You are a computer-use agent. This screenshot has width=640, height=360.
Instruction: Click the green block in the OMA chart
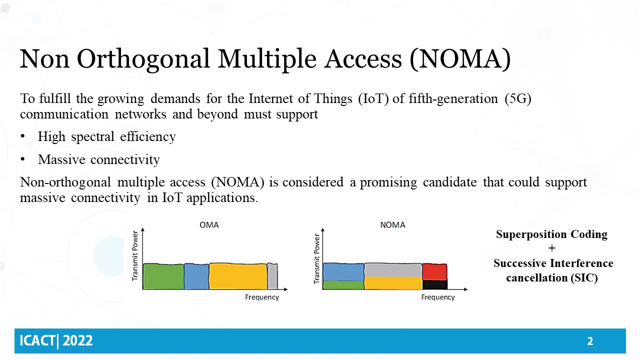coord(163,276)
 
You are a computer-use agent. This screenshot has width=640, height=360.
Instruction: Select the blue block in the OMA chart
coord(196,276)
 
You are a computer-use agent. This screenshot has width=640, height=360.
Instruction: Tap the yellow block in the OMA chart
coord(238,276)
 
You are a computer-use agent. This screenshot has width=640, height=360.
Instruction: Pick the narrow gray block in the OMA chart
coord(272,276)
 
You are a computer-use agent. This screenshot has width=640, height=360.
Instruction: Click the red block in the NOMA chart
coord(434,271)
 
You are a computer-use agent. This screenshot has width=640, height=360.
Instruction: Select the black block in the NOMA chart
coord(434,284)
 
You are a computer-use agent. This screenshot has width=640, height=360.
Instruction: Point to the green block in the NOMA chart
coord(343,285)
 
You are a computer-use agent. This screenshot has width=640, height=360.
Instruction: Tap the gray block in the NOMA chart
coord(393,270)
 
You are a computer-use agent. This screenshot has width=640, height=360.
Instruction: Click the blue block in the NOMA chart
coord(343,272)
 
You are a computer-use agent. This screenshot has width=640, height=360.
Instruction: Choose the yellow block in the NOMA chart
coord(393,283)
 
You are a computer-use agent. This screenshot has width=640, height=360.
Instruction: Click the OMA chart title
coord(209,225)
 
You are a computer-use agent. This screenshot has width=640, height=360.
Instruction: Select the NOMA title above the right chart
coord(392,225)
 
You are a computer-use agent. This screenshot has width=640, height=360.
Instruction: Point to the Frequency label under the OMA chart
coord(262,297)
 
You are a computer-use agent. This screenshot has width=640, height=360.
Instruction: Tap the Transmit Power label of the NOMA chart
coord(317,258)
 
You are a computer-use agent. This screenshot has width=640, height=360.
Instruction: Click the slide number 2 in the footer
coord(590,341)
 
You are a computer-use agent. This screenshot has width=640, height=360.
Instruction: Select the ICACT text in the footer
coord(37,341)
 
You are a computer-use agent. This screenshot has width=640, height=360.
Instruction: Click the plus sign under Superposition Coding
coord(552,248)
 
